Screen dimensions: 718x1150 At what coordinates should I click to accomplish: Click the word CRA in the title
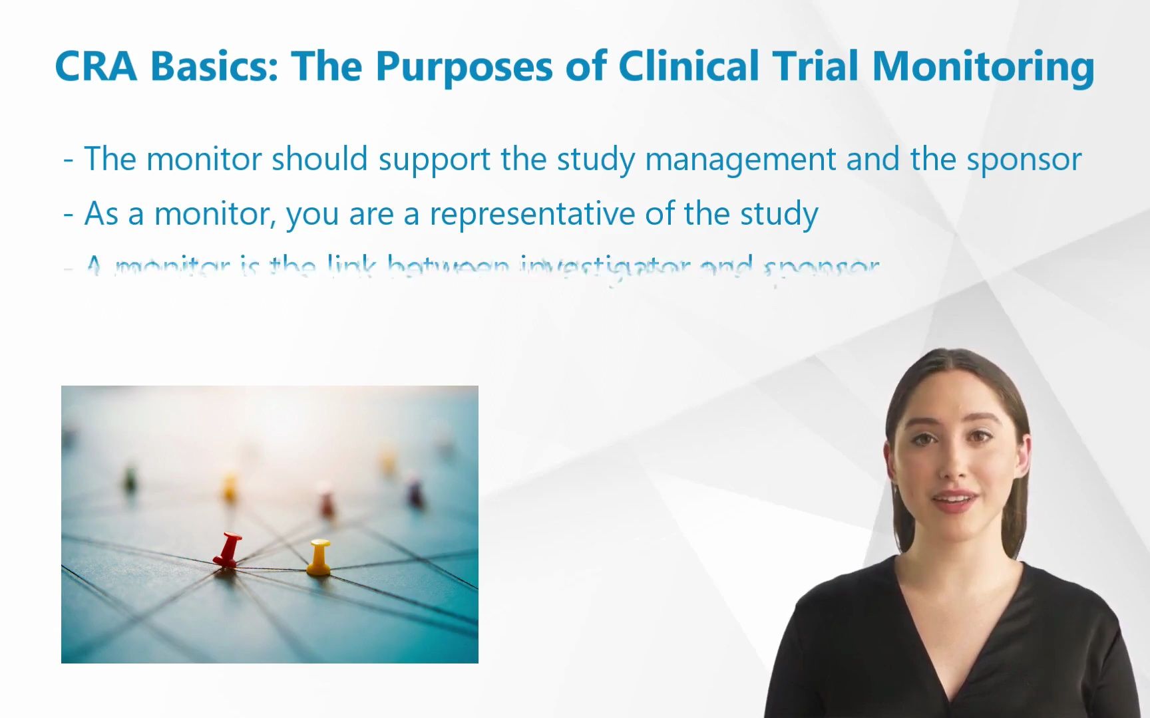click(96, 66)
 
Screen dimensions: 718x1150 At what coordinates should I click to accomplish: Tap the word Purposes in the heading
click(464, 66)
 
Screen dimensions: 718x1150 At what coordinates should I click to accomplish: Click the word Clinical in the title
click(689, 66)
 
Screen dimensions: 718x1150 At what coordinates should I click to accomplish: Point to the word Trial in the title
click(815, 66)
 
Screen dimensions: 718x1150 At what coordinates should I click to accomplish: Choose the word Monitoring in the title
click(983, 66)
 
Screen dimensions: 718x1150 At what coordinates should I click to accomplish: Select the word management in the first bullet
click(740, 160)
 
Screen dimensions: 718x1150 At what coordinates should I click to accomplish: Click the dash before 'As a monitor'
click(68, 215)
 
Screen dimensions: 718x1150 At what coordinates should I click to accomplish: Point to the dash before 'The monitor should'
click(68, 160)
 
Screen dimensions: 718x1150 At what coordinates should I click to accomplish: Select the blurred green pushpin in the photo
click(130, 479)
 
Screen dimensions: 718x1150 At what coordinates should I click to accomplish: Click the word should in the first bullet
click(319, 160)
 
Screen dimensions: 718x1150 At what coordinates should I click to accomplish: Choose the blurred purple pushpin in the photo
click(415, 493)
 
